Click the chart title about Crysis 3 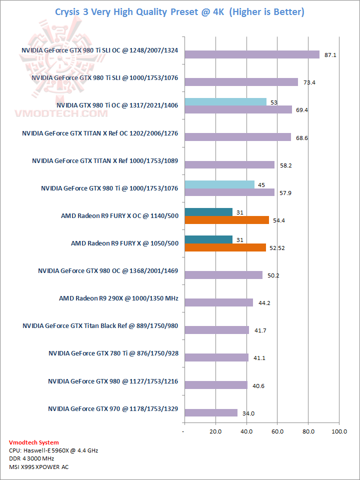pos(179,11)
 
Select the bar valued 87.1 pos(251,54)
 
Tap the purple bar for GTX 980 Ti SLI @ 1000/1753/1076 pos(241,82)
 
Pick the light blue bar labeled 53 pos(225,102)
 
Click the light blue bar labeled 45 pos(219,185)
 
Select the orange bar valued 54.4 pos(226,220)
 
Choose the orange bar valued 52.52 pos(225,247)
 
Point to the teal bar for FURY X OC pos(208,212)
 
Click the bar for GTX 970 pos(210,412)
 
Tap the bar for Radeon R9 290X pos(218,302)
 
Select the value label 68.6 pos(301,137)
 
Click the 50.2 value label pos(273,275)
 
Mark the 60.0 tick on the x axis pos(277,431)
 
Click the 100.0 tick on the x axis pos(339,431)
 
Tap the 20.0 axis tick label pos(215,431)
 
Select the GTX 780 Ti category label pos(113,353)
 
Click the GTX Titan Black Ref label pos(100,326)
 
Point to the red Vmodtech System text pos(33,442)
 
